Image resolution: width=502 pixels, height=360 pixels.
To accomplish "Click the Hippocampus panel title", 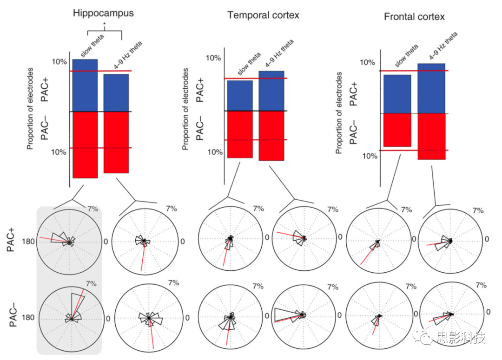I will pyautogui.click(x=103, y=13).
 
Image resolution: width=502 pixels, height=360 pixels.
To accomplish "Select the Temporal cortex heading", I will pyautogui.click(x=263, y=15).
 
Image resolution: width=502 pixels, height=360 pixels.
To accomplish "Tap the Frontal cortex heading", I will pyautogui.click(x=414, y=17).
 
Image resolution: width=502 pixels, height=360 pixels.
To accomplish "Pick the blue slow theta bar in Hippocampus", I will pyautogui.click(x=85, y=85).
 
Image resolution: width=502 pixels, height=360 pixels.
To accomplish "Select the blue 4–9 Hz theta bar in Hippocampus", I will pyautogui.click(x=116, y=93).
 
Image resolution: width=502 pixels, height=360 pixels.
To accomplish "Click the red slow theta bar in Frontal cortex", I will pyautogui.click(x=397, y=130).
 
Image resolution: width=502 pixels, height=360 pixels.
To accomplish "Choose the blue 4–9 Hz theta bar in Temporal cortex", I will pyautogui.click(x=271, y=91).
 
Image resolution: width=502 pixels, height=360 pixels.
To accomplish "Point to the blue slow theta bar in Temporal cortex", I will pyautogui.click(x=240, y=96).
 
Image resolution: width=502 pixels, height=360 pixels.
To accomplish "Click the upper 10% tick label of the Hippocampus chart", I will pyautogui.click(x=60, y=62).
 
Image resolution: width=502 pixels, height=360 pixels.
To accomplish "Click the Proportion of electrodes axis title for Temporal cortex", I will pyautogui.click(x=185, y=109).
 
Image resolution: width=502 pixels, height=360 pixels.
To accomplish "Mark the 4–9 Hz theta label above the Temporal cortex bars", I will pyautogui.click(x=277, y=54).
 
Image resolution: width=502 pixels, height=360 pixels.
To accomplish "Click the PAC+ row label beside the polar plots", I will pyautogui.click(x=11, y=242).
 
